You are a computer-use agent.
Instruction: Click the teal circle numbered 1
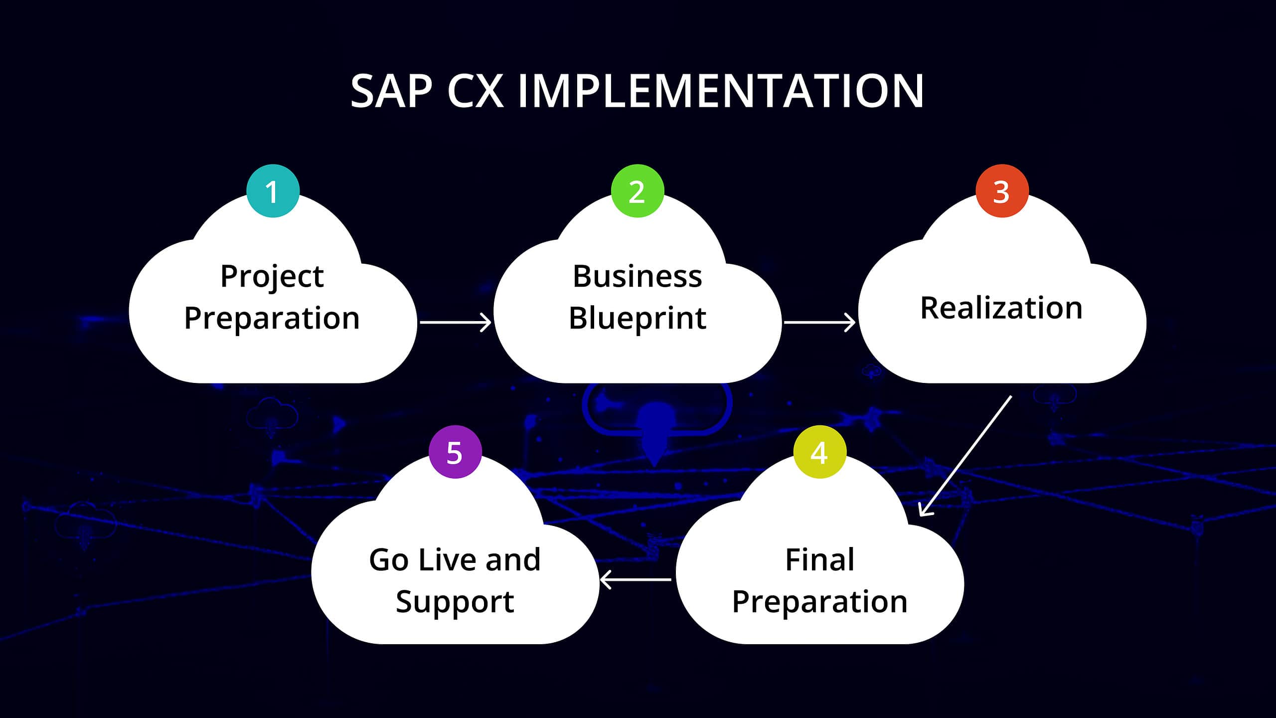[x=273, y=191]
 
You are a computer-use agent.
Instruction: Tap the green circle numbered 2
[x=637, y=191]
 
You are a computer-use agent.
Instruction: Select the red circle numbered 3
[x=1002, y=191]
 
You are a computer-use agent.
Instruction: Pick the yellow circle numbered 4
[x=819, y=452]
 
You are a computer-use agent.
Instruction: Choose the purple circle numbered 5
[x=455, y=452]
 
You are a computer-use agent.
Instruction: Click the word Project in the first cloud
[x=272, y=277]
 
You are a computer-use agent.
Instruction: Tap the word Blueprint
[x=637, y=318]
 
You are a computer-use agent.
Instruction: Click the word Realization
[x=1001, y=308]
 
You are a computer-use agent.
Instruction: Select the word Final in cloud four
[x=819, y=559]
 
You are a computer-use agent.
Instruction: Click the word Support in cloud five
[x=455, y=602]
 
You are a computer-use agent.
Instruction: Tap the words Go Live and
[x=455, y=559]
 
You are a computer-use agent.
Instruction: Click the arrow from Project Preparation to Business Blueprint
[x=455, y=322]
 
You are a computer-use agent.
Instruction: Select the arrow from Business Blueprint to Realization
[x=819, y=322]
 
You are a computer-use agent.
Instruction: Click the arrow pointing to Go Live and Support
[x=636, y=579]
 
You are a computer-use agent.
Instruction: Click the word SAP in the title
[x=391, y=91]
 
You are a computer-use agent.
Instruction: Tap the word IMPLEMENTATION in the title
[x=721, y=91]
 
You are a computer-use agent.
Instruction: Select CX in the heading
[x=475, y=91]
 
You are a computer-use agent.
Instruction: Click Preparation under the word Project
[x=272, y=318]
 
